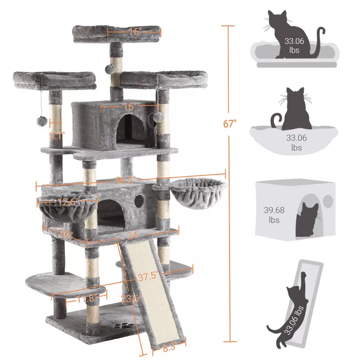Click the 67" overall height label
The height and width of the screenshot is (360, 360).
(229, 124)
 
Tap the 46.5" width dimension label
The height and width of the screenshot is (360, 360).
(127, 179)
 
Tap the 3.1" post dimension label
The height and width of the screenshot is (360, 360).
(56, 135)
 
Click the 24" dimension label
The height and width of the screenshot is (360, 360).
(133, 235)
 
